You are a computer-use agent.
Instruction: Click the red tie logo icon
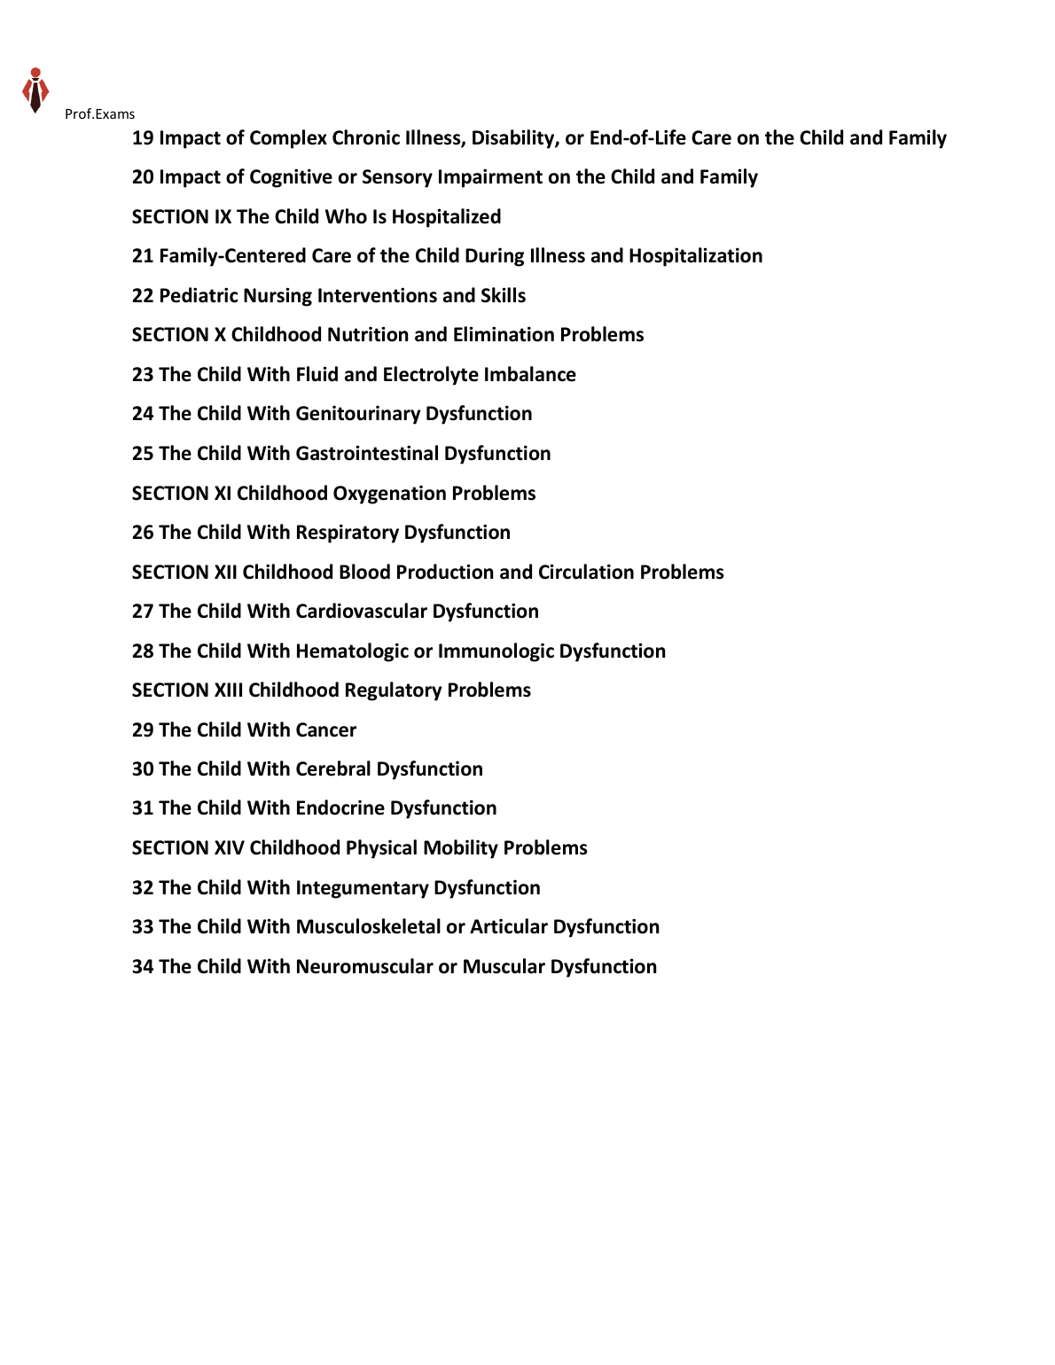pyautogui.click(x=35, y=90)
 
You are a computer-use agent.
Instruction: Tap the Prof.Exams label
pyautogui.click(x=99, y=114)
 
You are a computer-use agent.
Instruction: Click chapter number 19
pyautogui.click(x=143, y=138)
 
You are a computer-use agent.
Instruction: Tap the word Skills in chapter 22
pyautogui.click(x=503, y=296)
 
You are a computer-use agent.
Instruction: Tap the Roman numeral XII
pyautogui.click(x=225, y=573)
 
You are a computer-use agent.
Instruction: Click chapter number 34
pyautogui.click(x=143, y=967)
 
